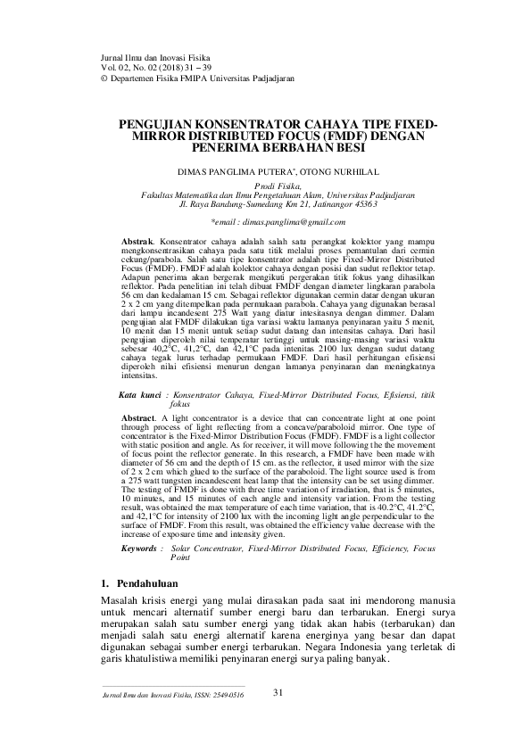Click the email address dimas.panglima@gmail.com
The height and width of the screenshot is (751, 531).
pos(285,220)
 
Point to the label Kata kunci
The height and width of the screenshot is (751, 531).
pos(141,393)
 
